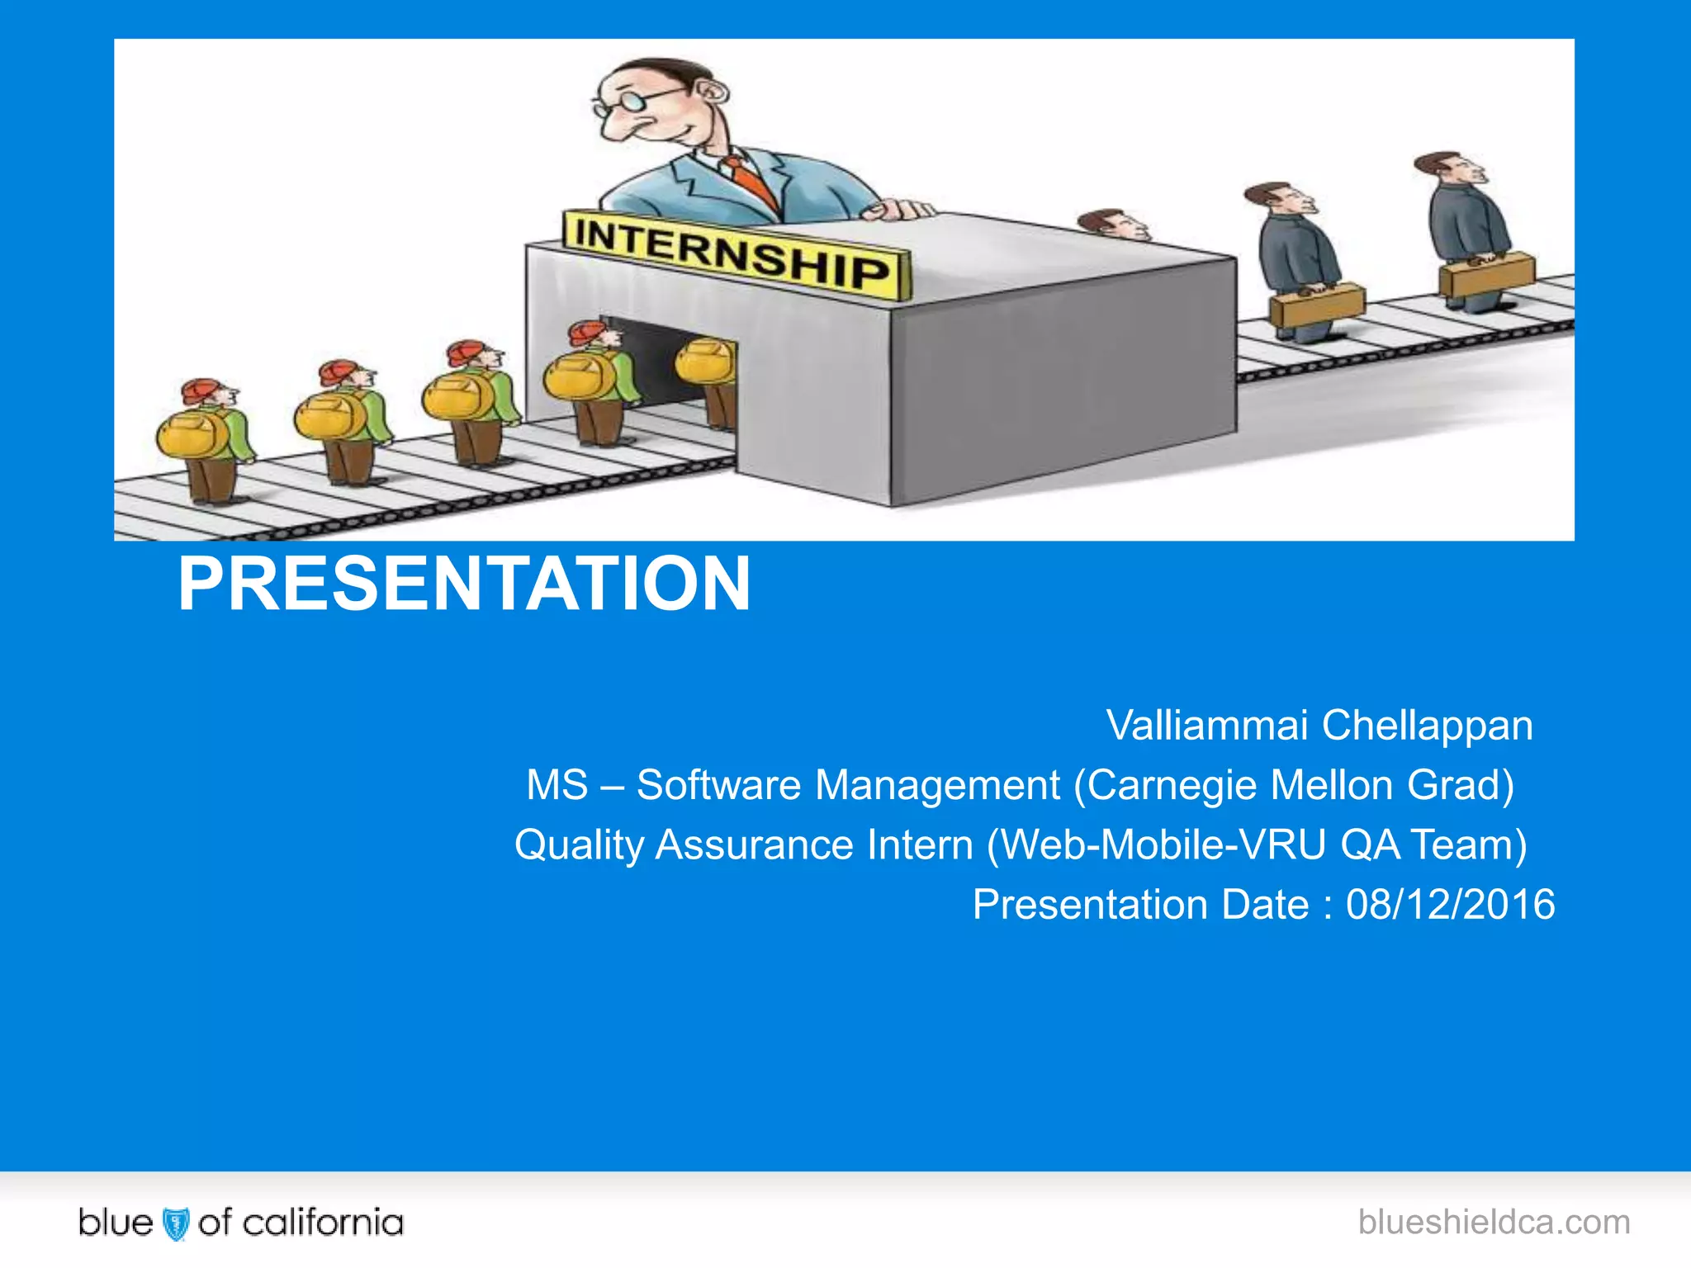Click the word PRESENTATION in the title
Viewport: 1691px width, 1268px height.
(x=464, y=584)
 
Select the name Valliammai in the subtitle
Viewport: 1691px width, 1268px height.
(x=1206, y=726)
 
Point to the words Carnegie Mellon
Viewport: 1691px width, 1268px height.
(x=1239, y=785)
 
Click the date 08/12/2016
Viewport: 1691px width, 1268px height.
(x=1450, y=905)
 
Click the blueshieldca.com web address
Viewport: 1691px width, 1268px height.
(x=1494, y=1222)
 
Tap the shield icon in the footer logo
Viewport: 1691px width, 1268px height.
(x=176, y=1223)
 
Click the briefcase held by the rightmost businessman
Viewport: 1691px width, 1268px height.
(x=1486, y=275)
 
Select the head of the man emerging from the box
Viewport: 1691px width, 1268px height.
(x=1111, y=224)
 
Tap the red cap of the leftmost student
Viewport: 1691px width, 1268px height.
(x=201, y=390)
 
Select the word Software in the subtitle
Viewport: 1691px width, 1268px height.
(x=718, y=785)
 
